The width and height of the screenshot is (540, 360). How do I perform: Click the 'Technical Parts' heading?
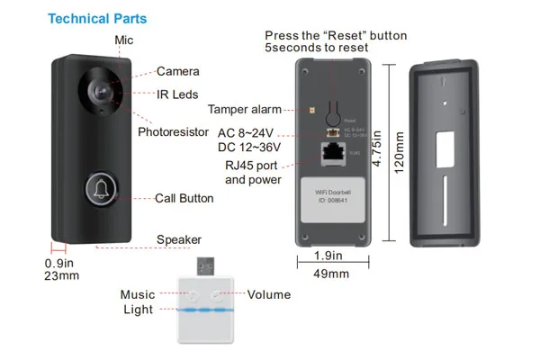(96, 18)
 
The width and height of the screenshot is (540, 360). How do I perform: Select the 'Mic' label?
(124, 40)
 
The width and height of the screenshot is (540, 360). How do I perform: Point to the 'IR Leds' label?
(178, 94)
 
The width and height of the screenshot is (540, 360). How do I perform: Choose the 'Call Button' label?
(184, 198)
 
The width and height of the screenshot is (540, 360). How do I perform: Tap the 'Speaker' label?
(178, 239)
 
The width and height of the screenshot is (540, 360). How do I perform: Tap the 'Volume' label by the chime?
(269, 293)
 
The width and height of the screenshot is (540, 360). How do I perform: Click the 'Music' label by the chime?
(138, 294)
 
